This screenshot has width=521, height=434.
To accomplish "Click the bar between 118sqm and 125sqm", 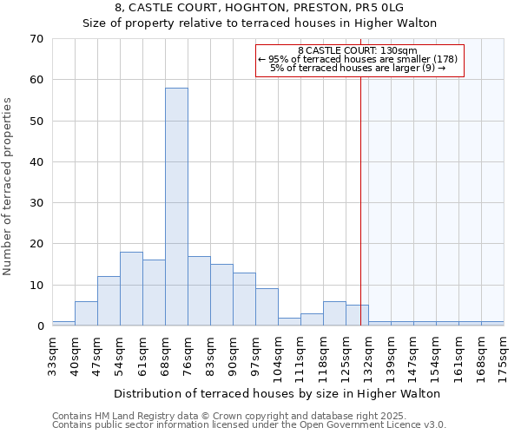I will click(334, 313).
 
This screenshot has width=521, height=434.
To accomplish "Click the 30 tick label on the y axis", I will click(37, 203).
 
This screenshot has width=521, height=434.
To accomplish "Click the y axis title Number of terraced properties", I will click(9, 187).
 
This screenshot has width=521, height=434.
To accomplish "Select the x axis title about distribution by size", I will click(277, 393).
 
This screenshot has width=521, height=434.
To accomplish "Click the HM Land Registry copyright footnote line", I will click(235, 416).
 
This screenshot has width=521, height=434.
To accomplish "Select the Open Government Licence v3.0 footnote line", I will click(249, 424).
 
